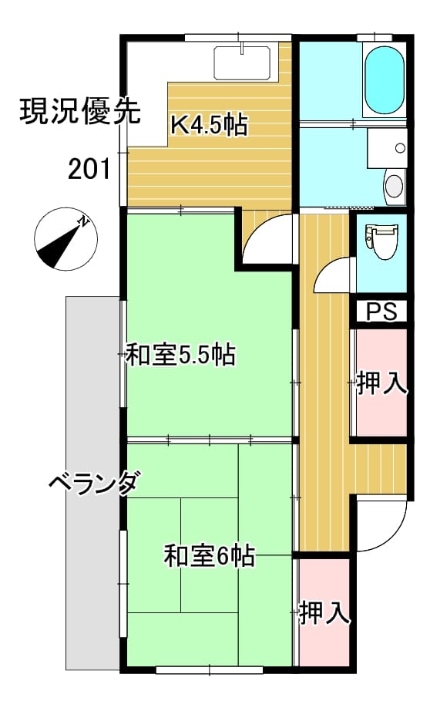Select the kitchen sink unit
tap(242, 62)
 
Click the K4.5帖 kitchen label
tap(209, 125)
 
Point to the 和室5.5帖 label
tap(180, 355)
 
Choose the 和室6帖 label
tap(210, 555)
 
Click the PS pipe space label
tap(381, 311)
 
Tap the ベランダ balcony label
tap(93, 484)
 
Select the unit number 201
tap(89, 170)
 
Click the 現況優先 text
tap(80, 111)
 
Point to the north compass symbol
tap(66, 239)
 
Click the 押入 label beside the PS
tap(381, 383)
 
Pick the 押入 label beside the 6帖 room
tap(325, 612)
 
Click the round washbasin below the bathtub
tap(394, 186)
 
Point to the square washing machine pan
tap(387, 148)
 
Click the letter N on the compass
tap(83, 221)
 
